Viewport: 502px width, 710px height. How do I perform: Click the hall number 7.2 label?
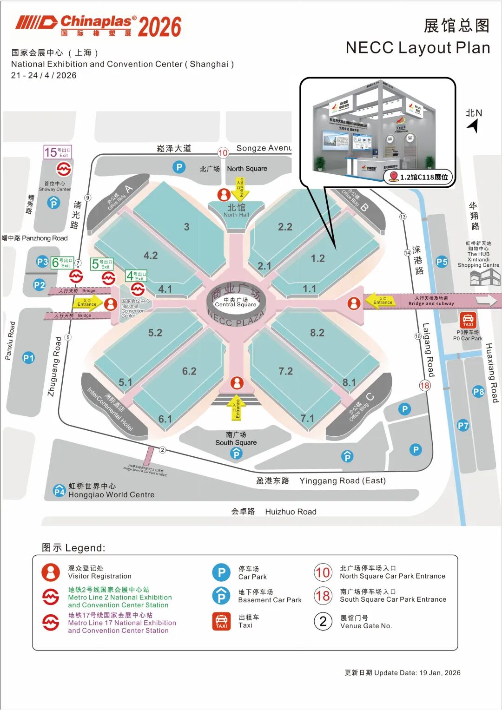(x=285, y=371)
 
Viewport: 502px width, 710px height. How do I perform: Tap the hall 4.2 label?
(x=151, y=255)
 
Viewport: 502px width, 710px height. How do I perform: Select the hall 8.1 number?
(x=349, y=382)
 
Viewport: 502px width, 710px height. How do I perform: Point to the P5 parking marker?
(x=442, y=262)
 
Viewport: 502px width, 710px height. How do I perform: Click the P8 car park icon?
(x=478, y=392)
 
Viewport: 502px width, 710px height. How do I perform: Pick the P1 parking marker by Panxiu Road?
(x=28, y=358)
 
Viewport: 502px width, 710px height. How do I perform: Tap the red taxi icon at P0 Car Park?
(x=468, y=320)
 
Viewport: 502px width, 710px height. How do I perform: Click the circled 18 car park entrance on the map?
(x=424, y=385)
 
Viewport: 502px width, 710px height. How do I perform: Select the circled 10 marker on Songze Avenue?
(x=223, y=153)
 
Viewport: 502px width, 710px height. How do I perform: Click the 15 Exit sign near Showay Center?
(x=58, y=152)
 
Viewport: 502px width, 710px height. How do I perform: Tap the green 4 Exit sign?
(x=136, y=276)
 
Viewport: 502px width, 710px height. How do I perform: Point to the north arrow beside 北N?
(x=473, y=125)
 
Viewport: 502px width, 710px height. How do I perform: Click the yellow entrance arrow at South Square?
(x=237, y=408)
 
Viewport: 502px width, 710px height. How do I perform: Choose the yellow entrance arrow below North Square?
(x=240, y=188)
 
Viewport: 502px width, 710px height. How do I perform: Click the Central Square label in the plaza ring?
(x=236, y=302)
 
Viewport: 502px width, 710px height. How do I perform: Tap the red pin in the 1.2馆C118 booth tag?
(x=394, y=176)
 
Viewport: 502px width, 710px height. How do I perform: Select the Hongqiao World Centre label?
(x=111, y=491)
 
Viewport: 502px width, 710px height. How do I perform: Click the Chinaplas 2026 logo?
(x=98, y=26)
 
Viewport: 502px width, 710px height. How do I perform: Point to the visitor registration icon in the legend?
(x=51, y=572)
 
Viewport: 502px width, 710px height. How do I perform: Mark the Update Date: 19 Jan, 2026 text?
(x=403, y=672)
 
